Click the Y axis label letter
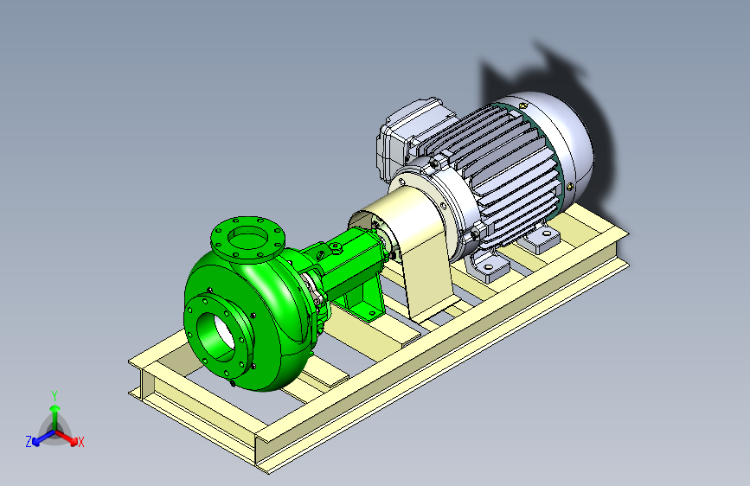pyautogui.click(x=54, y=396)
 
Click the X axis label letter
pyautogui.click(x=80, y=443)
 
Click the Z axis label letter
pyautogui.click(x=29, y=442)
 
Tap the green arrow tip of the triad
pyautogui.click(x=55, y=408)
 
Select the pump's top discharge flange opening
pyautogui.click(x=247, y=238)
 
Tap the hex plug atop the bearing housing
pyautogui.click(x=336, y=247)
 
